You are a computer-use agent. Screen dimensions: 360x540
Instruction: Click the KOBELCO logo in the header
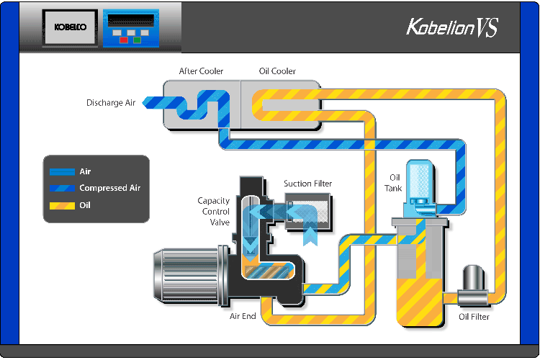(x=69, y=27)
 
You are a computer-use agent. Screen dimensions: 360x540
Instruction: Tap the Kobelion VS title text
(x=451, y=28)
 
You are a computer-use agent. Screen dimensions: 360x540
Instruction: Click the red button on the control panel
(x=125, y=40)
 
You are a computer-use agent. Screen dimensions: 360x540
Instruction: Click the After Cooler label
(x=201, y=71)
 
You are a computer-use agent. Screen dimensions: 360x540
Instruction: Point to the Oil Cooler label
(x=277, y=71)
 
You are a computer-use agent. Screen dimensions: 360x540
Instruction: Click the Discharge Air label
(x=111, y=103)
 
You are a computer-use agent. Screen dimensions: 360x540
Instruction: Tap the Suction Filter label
(x=307, y=184)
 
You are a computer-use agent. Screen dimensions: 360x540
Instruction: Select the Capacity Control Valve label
(x=214, y=212)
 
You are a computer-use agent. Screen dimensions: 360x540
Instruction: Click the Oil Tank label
(x=395, y=183)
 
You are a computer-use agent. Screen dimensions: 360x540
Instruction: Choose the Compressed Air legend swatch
(x=63, y=189)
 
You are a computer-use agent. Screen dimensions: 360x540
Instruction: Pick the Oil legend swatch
(x=63, y=205)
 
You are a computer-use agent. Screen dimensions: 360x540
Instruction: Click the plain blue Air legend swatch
(x=63, y=172)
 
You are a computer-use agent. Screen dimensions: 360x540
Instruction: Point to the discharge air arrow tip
(x=145, y=103)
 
